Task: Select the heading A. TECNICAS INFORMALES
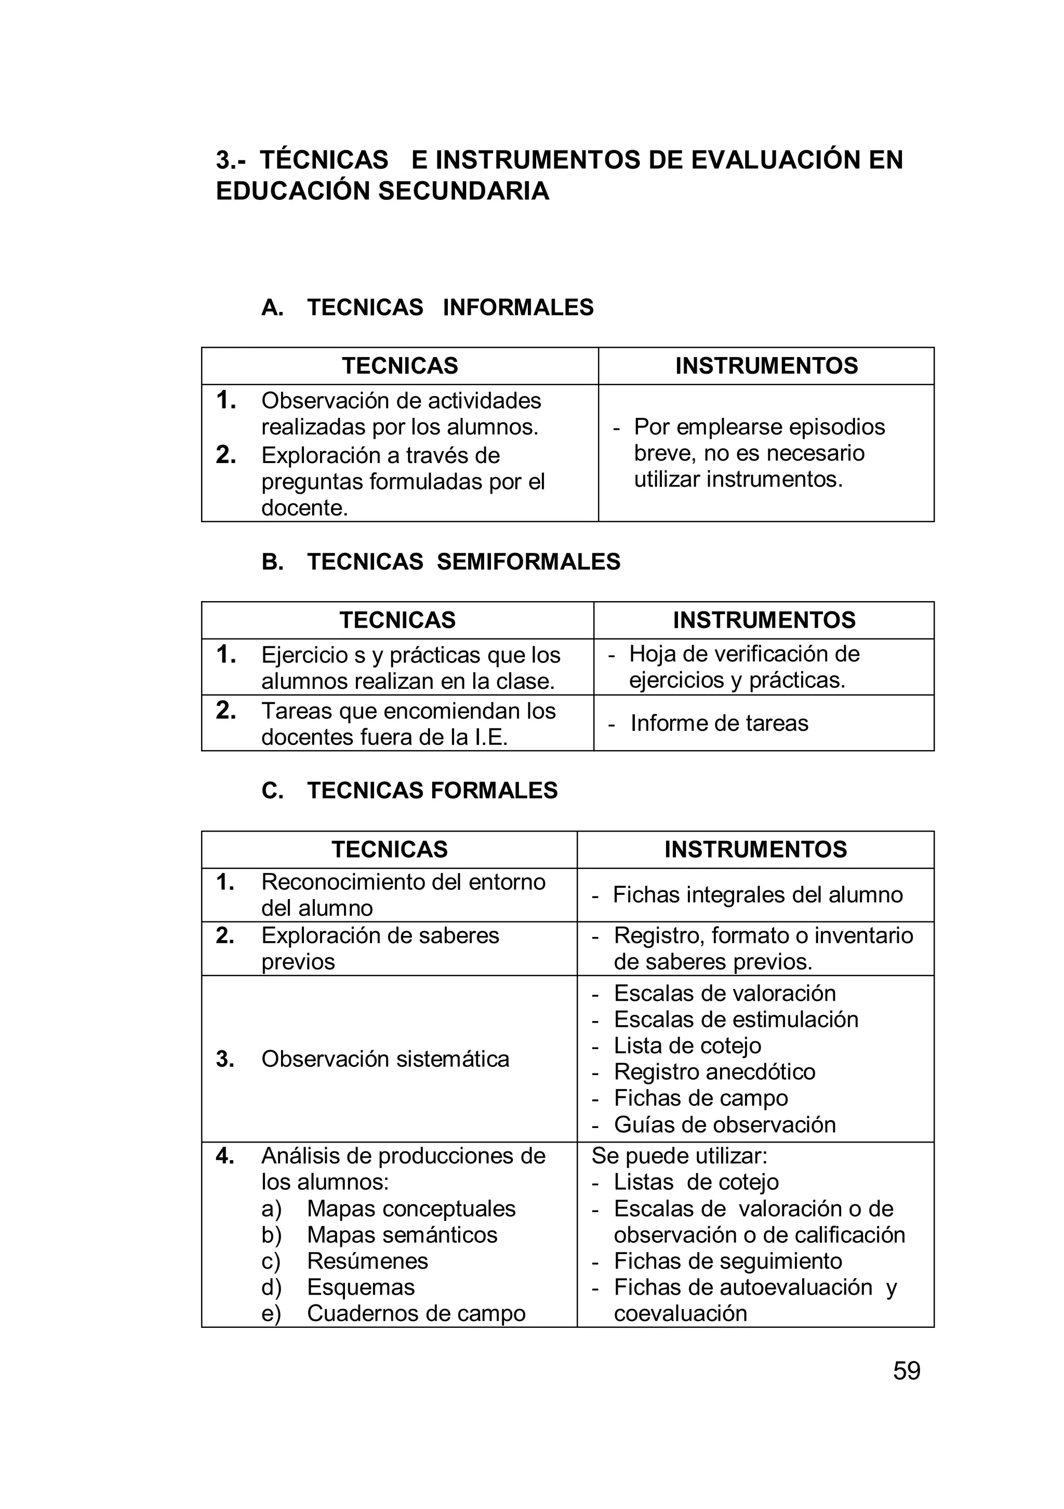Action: (428, 307)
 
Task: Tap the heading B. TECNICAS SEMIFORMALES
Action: (441, 561)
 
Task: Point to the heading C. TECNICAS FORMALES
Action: (409, 790)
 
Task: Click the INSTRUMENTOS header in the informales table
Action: (766, 365)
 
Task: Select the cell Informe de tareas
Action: (719, 723)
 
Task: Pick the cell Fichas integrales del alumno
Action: (757, 894)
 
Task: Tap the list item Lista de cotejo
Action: (687, 1045)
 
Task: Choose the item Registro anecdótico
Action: (714, 1071)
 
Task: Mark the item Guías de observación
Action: (724, 1124)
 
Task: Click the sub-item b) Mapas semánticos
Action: (401, 1234)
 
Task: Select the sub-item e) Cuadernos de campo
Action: (416, 1313)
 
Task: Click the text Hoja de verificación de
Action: (744, 654)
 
